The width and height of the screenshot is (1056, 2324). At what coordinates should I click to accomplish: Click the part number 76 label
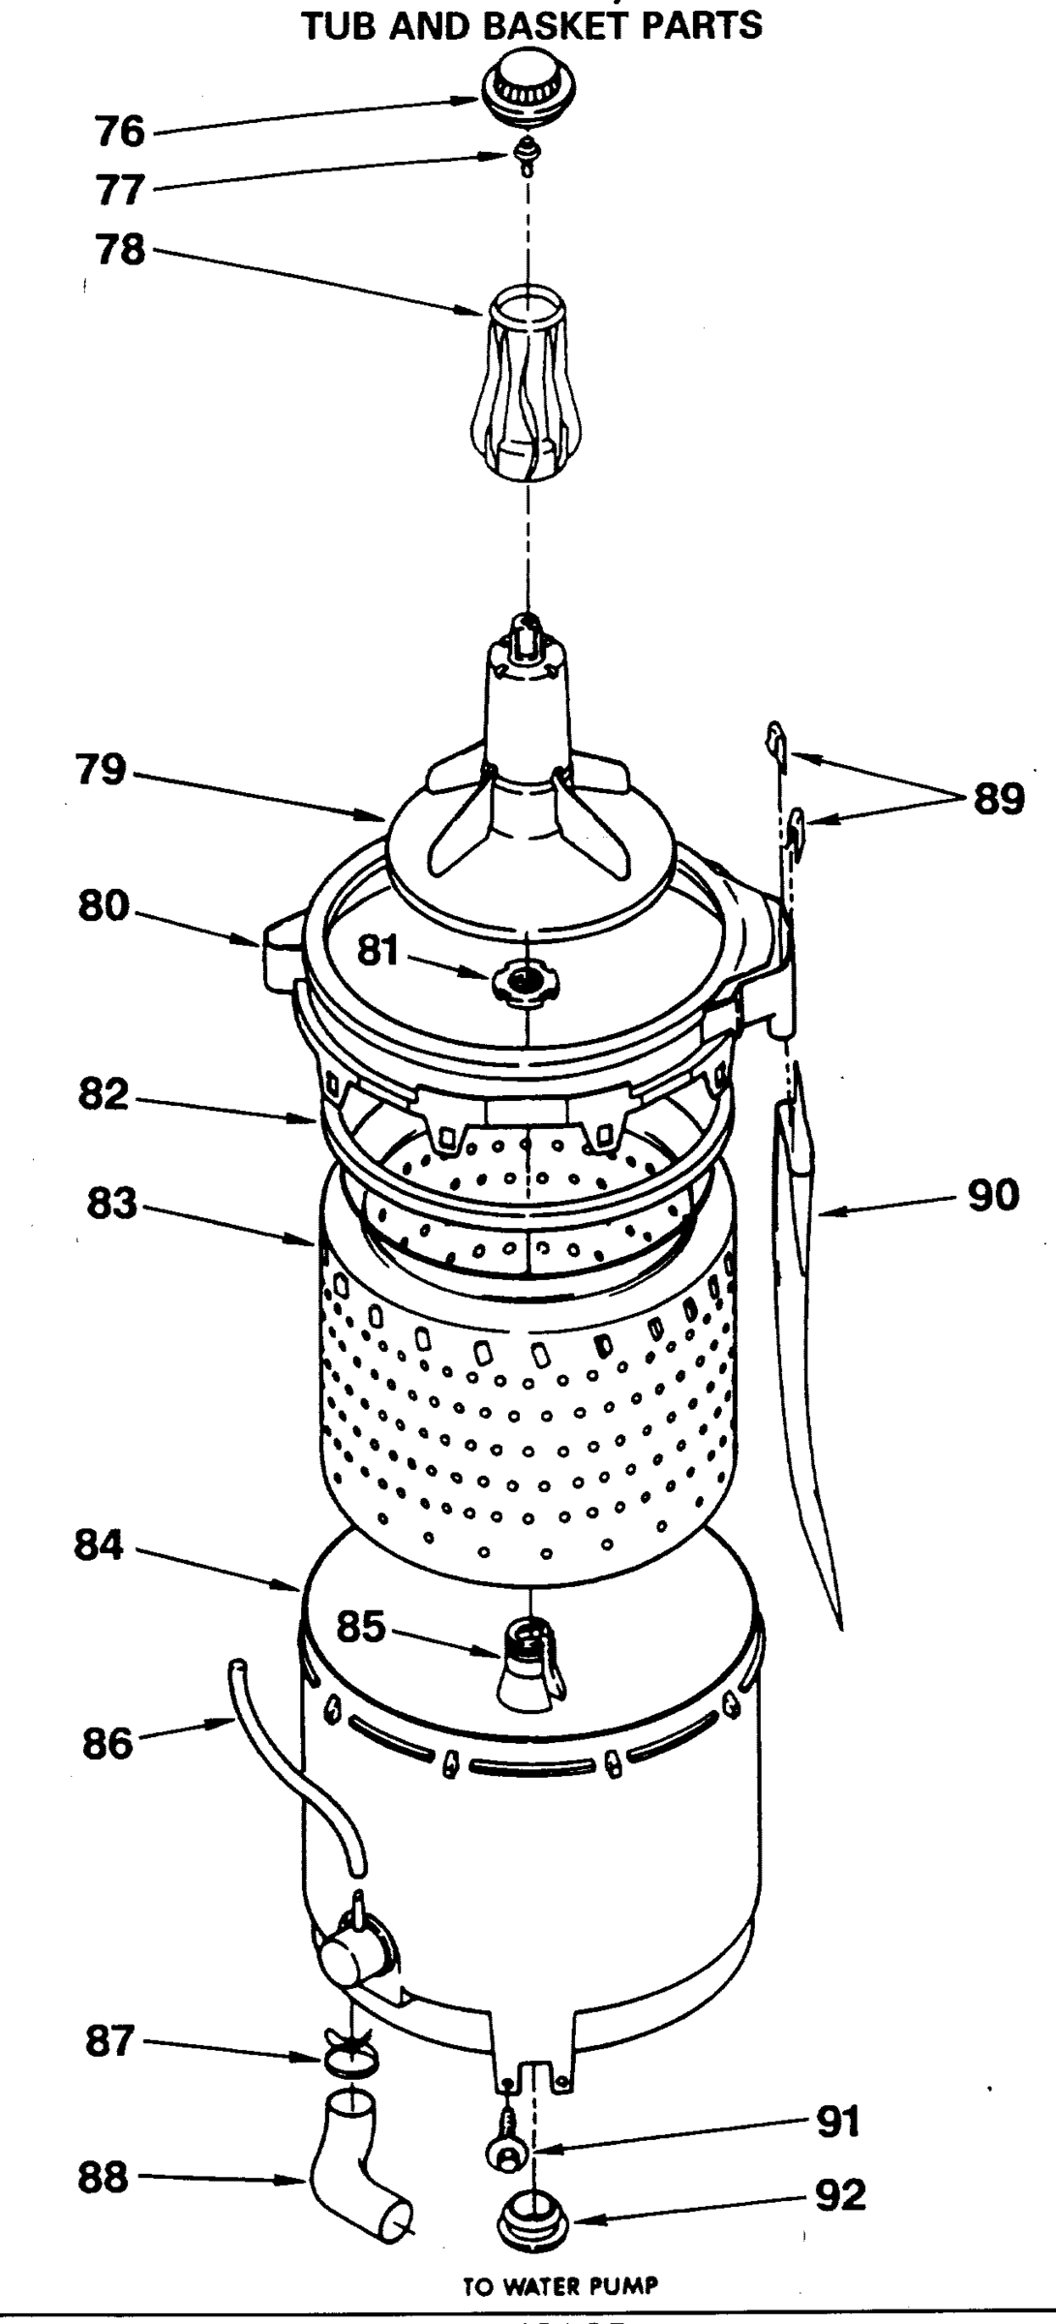119,131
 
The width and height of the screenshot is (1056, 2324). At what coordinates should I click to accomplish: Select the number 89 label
998,799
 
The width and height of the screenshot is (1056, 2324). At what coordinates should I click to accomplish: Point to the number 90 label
994,1196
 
